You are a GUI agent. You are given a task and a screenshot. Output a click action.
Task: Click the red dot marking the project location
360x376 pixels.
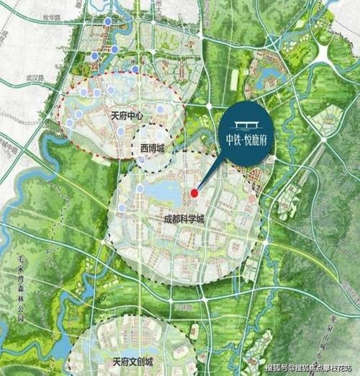(194, 193)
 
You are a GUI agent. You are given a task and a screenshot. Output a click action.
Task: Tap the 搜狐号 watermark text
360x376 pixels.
(276, 367)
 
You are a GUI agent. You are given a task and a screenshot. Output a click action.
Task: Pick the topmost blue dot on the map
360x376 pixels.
(107, 22)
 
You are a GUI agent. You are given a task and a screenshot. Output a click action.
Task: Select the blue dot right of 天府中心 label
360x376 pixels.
(159, 109)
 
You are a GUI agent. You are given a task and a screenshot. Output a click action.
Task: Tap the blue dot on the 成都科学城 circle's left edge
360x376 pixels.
(122, 208)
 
